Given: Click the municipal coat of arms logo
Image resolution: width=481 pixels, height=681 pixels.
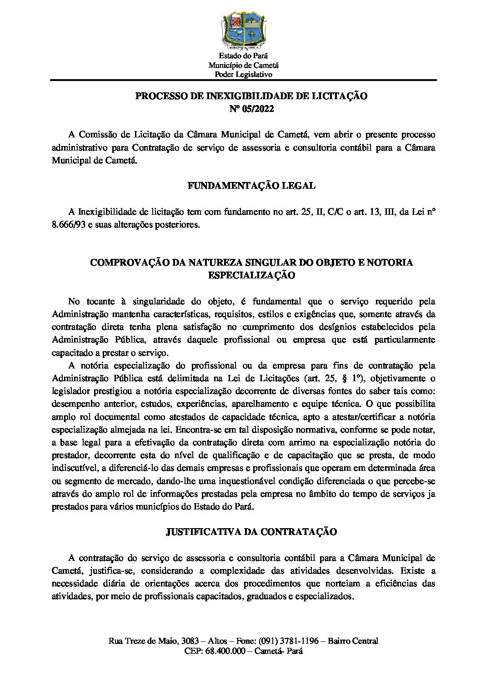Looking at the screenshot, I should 240,30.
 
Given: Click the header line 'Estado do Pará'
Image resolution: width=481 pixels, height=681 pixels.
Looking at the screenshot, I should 240,56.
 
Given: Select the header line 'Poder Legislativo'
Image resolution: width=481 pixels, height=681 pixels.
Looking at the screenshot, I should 240,74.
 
